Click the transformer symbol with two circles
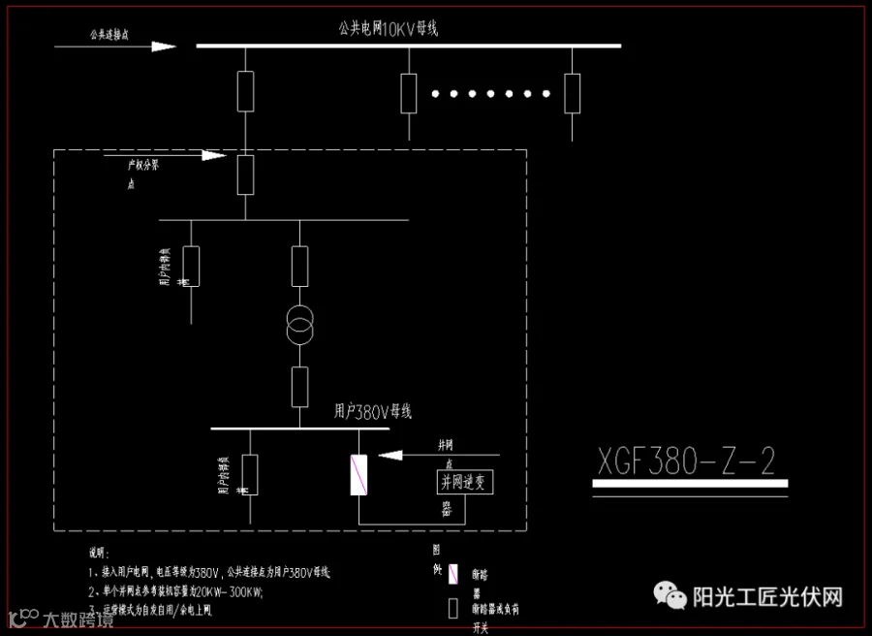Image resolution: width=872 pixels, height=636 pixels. click(300, 326)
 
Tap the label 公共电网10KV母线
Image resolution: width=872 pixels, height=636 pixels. click(389, 30)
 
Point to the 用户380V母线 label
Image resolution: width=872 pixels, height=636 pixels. click(373, 412)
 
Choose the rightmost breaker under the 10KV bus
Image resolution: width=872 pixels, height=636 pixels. click(573, 92)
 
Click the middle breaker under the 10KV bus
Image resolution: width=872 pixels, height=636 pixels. click(409, 92)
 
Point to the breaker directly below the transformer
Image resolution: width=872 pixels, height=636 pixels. click(300, 386)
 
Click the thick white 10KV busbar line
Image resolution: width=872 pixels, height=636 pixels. click(408, 46)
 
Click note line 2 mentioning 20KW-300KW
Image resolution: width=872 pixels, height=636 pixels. click(175, 590)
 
